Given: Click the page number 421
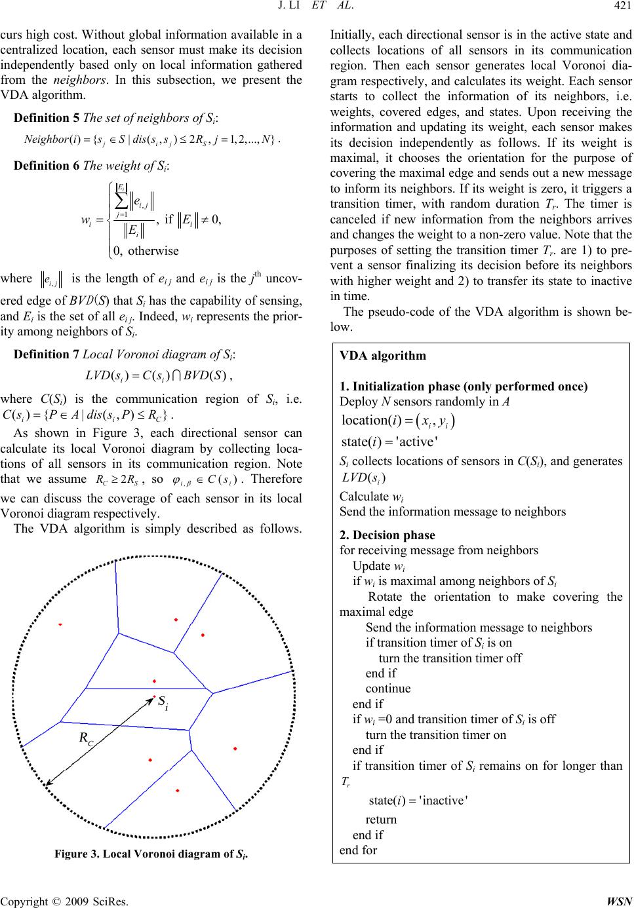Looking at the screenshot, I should (620, 9).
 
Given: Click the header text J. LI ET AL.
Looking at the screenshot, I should (317, 9).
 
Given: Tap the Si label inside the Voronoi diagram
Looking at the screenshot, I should (163, 702).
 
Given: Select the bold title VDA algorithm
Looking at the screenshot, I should (383, 356).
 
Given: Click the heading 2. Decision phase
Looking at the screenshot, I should (387, 535).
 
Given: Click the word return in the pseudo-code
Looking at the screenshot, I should (381, 819).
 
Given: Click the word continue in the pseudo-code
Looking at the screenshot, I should (388, 689).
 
